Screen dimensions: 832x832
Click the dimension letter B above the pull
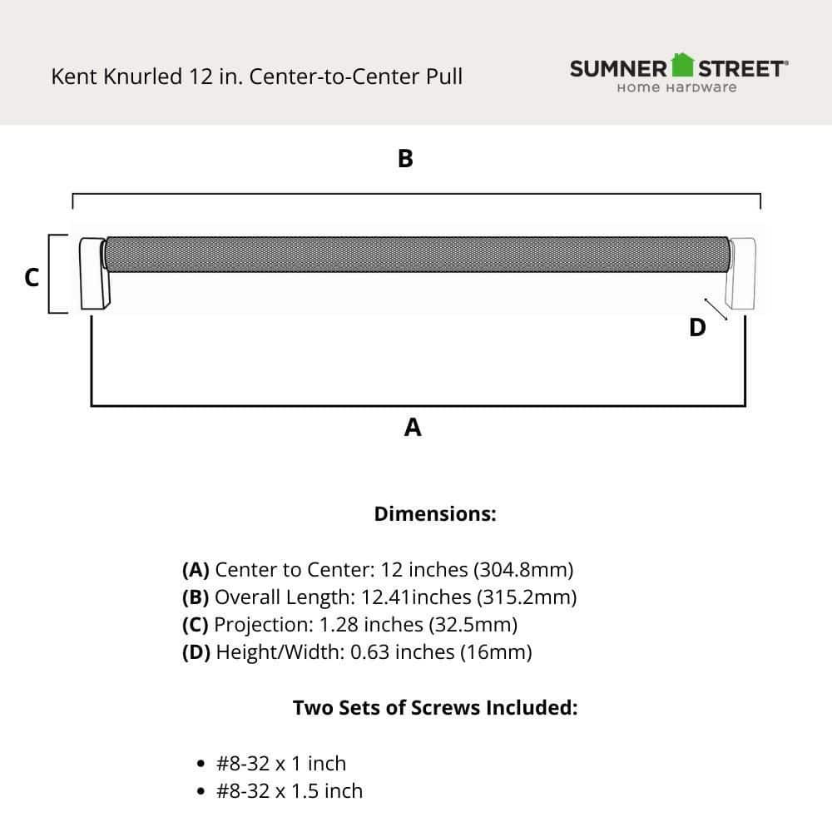[x=405, y=158]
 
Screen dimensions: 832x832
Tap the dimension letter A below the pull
[x=413, y=428]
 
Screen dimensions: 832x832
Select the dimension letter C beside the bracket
[x=32, y=277]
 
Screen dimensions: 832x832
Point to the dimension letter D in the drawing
[x=697, y=328]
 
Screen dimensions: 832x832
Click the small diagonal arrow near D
[x=716, y=309]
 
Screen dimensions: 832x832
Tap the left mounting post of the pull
[x=94, y=275]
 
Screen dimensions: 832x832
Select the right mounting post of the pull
[x=740, y=275]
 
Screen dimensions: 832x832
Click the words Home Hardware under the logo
[x=676, y=87]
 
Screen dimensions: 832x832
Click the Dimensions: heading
[x=435, y=513]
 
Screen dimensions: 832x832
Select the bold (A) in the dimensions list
[x=196, y=570]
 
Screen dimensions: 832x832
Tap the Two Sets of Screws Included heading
[x=435, y=708]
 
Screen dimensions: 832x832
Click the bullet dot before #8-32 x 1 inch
[x=200, y=764]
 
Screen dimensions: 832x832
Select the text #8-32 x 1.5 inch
[x=290, y=790]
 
